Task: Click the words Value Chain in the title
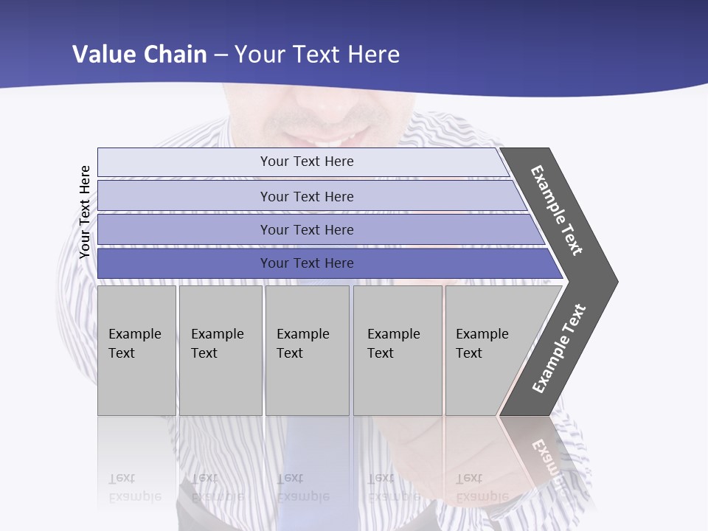click(x=139, y=55)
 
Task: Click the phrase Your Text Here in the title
click(x=317, y=55)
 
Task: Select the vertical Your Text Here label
click(x=85, y=212)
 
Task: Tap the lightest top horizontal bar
click(x=306, y=162)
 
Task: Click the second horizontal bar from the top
click(x=306, y=196)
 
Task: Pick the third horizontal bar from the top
click(x=306, y=229)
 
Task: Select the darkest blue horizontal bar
click(x=306, y=263)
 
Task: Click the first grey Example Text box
click(x=136, y=350)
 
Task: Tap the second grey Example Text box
click(x=220, y=350)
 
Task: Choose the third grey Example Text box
click(x=306, y=350)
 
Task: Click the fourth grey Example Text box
click(x=397, y=350)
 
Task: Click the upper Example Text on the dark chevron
click(x=557, y=210)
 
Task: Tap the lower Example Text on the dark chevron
click(x=559, y=349)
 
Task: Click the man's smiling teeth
click(x=336, y=141)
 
